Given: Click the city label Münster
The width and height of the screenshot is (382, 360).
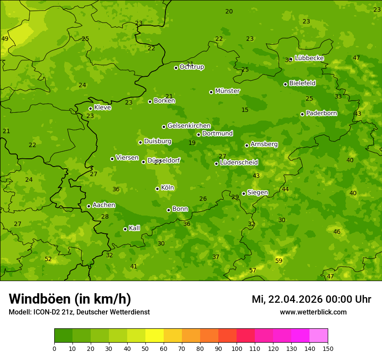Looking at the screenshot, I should click(227, 91).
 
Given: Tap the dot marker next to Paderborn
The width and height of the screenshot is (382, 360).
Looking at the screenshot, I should click(302, 114).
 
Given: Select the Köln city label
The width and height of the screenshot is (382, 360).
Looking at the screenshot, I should click(168, 188).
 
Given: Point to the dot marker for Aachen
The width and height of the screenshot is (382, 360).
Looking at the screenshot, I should click(89, 206).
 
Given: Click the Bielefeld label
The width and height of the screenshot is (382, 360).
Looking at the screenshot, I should click(303, 83).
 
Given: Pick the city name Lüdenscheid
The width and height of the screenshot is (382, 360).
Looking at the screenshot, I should click(239, 163).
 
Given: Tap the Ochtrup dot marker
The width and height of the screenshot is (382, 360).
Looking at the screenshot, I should click(176, 67).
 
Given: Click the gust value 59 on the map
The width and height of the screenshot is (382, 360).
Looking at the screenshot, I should click(279, 261).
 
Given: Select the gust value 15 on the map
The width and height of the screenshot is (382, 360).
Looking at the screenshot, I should click(245, 110).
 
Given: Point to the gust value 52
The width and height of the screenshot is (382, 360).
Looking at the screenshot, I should click(48, 259).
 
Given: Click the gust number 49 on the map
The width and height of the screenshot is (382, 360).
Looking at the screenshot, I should click(5, 39).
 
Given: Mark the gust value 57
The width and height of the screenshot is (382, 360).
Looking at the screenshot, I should click(253, 270).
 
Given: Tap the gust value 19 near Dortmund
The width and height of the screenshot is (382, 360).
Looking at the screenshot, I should click(192, 143).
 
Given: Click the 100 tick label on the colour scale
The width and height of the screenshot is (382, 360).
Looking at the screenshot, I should click(237, 348).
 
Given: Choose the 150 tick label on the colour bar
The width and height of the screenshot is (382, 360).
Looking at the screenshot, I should click(328, 348).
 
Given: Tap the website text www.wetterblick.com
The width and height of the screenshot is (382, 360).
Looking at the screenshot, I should click(313, 312).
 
